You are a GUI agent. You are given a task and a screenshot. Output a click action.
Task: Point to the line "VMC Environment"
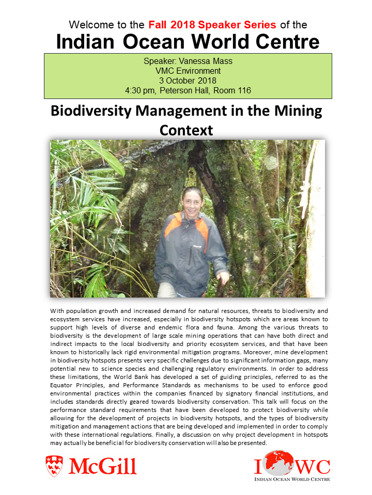[x=188, y=71]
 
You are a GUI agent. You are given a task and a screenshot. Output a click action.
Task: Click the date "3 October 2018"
[x=188, y=80]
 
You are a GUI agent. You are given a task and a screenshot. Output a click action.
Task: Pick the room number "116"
[x=241, y=91]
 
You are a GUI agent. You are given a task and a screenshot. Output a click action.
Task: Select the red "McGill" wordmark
[x=102, y=466]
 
